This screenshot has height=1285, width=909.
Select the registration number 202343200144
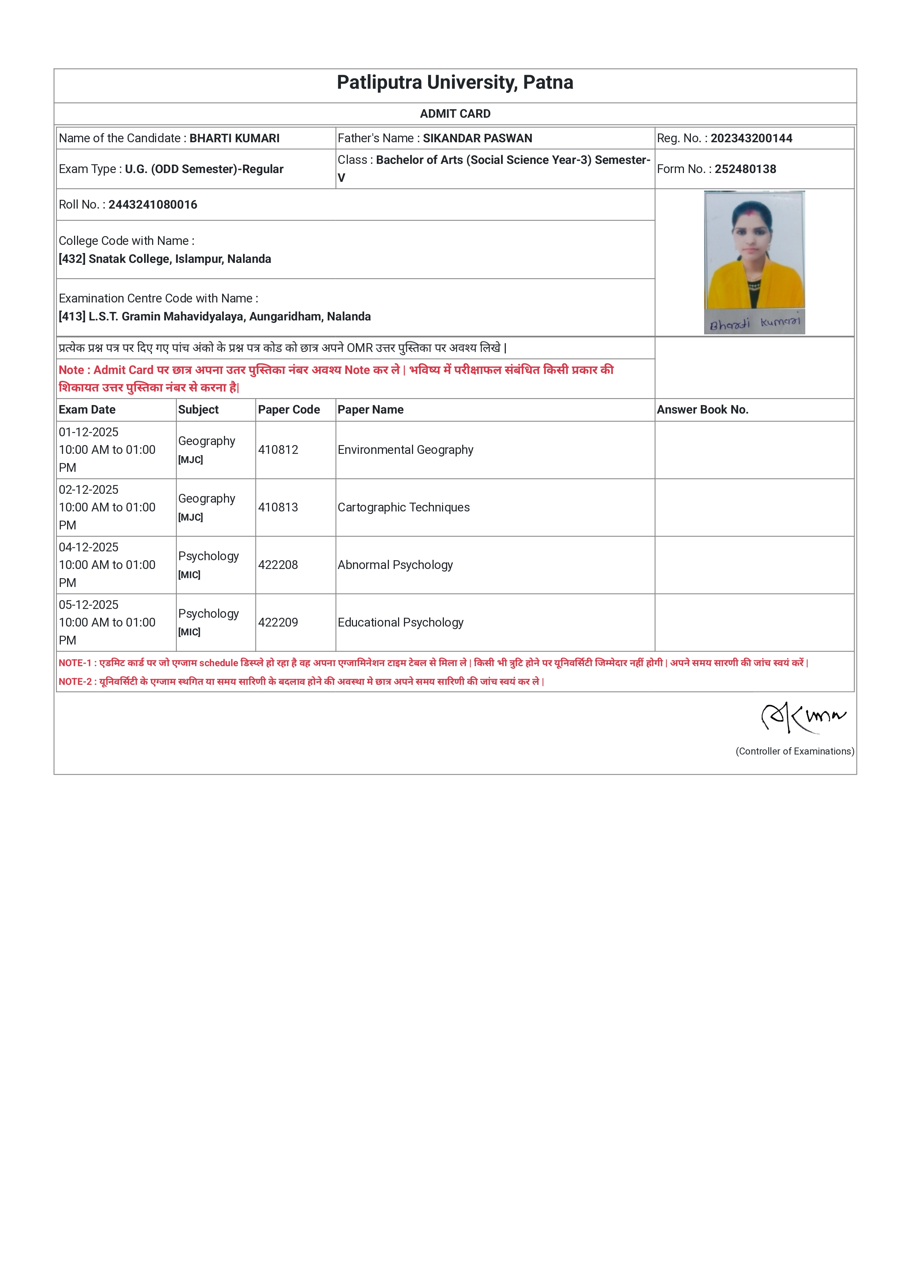(x=751, y=138)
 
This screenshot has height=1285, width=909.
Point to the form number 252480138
(x=745, y=169)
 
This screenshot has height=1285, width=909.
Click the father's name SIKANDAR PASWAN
(x=477, y=138)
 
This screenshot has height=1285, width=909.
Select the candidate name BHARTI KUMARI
(x=235, y=138)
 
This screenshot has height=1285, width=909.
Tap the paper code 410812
(x=278, y=450)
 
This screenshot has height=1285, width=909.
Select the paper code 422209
(x=278, y=623)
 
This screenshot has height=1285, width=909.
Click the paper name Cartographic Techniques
(x=404, y=508)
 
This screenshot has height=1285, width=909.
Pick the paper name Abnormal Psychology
(x=395, y=565)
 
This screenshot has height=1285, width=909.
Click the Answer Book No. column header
(x=703, y=410)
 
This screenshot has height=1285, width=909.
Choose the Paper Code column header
(x=289, y=410)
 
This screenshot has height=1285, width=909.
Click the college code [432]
(x=72, y=259)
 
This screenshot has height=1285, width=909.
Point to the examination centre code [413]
(x=72, y=317)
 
